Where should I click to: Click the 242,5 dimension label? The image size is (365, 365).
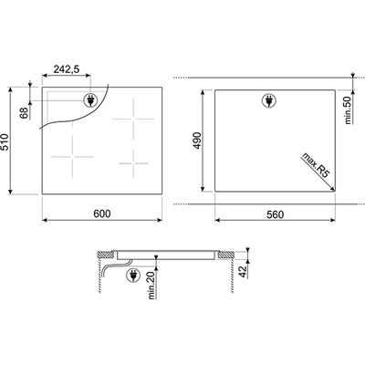[67, 69]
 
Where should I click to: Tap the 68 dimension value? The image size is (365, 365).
[25, 113]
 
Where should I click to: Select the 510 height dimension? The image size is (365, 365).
[5, 141]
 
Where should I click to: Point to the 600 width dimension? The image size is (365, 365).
[102, 214]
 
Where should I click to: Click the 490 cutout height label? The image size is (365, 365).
[198, 141]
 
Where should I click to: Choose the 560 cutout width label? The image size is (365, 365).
[275, 214]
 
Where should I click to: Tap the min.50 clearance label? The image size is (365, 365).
[348, 109]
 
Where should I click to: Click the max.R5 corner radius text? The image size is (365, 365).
[316, 165]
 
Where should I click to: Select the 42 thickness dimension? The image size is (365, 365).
[243, 271]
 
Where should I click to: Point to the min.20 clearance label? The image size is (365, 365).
[151, 286]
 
